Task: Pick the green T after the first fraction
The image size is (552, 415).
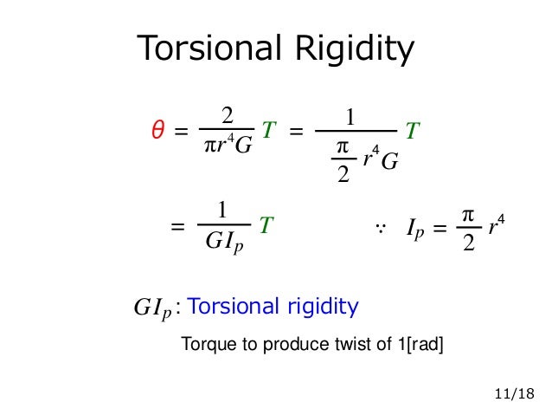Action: pos(268,131)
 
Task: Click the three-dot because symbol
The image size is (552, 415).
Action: pos(379,228)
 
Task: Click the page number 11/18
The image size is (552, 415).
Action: pos(513,394)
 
